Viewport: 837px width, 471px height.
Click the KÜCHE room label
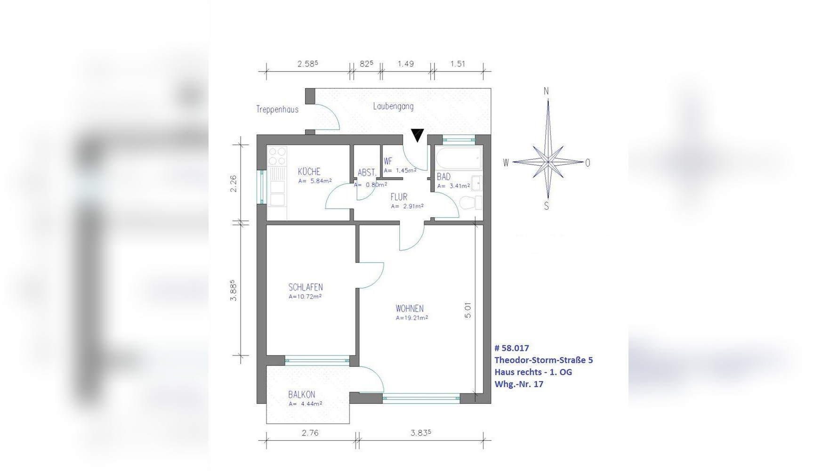309,171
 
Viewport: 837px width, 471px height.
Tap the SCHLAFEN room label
306,287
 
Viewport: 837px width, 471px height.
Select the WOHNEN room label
410,309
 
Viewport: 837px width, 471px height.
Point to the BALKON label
302,395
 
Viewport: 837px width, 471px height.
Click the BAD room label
443,177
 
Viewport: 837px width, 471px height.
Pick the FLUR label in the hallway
399,197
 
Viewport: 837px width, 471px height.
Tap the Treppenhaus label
277,109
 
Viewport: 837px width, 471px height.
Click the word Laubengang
394,106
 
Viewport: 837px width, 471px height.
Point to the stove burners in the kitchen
277,156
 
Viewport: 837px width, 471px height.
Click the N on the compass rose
546,91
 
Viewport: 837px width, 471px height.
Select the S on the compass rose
546,206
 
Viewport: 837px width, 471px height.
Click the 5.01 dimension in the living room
467,310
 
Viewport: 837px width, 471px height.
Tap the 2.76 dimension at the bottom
310,433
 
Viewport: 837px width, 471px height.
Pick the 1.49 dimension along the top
405,64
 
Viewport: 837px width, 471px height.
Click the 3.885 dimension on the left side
233,291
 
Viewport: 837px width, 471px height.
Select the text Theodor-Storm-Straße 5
544,360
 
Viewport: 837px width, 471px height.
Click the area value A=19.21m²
412,317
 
